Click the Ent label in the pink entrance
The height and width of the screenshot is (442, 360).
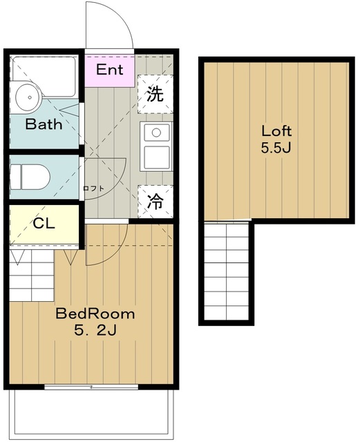[x=109, y=70]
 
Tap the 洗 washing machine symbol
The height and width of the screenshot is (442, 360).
[x=155, y=94]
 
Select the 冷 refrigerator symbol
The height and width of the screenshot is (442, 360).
[x=155, y=201]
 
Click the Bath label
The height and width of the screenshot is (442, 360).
[x=44, y=124]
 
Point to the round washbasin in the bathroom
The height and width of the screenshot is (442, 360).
[x=29, y=97]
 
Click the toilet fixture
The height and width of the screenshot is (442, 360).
[x=30, y=177]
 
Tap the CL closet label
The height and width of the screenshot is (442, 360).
[x=44, y=224]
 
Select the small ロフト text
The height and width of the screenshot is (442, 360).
[x=94, y=189]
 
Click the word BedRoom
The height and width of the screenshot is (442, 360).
[x=95, y=314]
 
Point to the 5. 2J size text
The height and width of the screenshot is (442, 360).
[x=95, y=330]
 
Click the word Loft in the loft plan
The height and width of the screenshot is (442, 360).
[x=276, y=131]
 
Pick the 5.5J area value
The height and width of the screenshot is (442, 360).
[x=276, y=148]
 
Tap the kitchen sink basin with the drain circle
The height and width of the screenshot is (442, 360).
[x=157, y=132]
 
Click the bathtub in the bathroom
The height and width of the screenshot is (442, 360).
[x=44, y=76]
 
